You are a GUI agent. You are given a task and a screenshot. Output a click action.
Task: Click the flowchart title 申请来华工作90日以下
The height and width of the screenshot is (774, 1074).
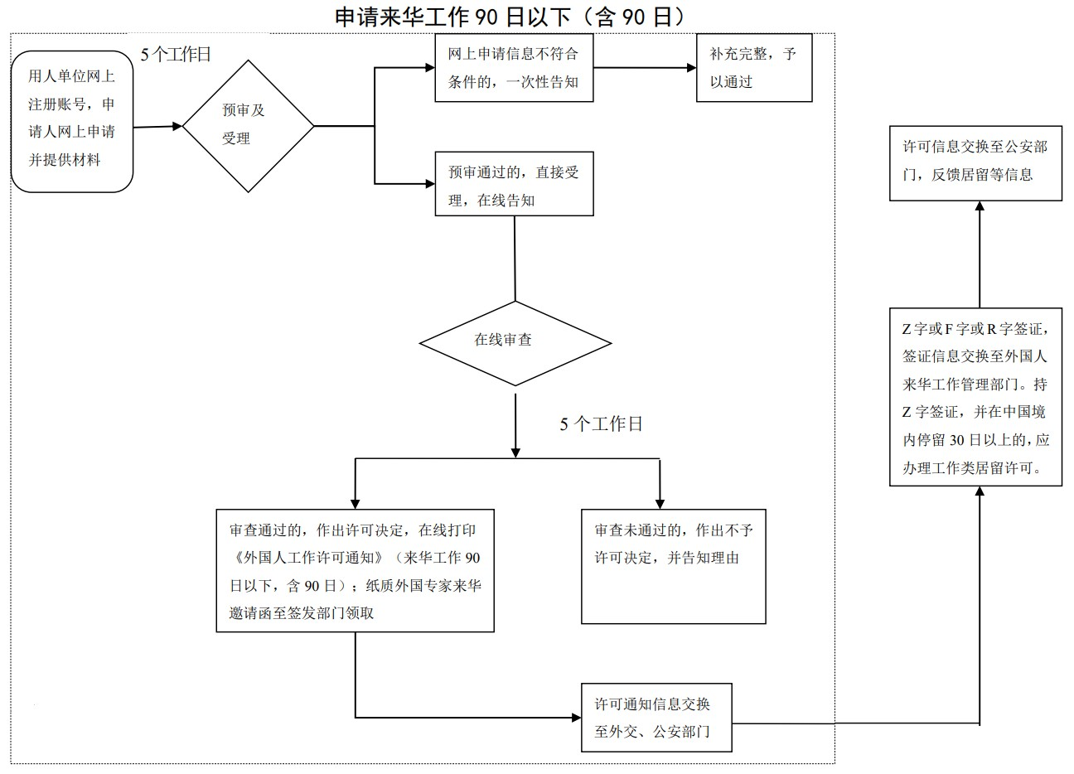click(510, 17)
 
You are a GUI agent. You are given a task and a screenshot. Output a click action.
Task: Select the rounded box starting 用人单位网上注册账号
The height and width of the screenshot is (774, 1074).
click(72, 119)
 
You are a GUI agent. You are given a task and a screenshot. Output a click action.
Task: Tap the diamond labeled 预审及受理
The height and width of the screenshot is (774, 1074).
click(248, 126)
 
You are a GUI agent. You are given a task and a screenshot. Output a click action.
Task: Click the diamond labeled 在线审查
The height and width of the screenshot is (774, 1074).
click(515, 341)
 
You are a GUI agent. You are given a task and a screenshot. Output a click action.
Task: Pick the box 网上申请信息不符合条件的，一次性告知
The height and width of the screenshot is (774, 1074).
click(514, 68)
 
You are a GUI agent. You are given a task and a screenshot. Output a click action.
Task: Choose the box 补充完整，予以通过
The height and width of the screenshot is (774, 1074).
click(753, 68)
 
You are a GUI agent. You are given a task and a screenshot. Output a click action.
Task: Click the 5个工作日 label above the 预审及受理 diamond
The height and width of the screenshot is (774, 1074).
click(176, 55)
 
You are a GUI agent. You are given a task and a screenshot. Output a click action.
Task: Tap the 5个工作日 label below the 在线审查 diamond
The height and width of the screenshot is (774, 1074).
click(601, 424)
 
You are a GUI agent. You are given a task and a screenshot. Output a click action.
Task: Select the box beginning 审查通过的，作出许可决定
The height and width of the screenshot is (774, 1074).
click(355, 571)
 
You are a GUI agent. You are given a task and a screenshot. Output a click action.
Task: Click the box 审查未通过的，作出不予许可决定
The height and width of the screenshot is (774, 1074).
click(673, 566)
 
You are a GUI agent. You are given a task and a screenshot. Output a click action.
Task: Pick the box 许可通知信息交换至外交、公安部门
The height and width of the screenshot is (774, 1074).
click(656, 718)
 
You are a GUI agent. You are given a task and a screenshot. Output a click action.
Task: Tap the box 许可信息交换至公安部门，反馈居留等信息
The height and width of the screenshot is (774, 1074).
click(975, 161)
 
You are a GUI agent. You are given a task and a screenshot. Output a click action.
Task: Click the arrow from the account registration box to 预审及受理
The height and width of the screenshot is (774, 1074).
click(157, 127)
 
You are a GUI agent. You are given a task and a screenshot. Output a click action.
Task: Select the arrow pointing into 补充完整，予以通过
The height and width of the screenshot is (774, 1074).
click(646, 68)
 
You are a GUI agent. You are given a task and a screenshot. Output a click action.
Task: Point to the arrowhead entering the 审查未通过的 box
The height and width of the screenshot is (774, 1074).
click(660, 502)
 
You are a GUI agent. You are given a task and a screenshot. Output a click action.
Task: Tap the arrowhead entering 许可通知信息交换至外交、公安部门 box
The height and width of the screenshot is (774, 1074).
click(576, 718)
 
